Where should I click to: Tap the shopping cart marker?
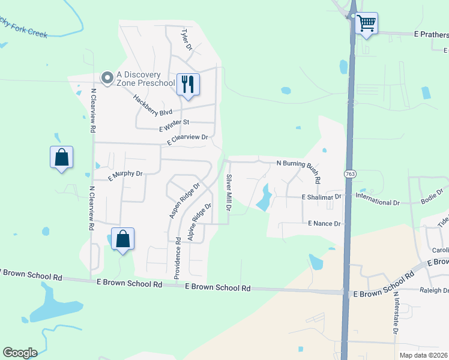[x=366, y=24]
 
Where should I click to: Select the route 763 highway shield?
[x=349, y=173]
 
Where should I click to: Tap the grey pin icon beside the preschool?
[x=107, y=77]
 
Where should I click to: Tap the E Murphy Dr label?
[x=125, y=175]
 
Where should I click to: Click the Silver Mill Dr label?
[x=229, y=193]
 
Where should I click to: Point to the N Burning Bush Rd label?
[x=298, y=164]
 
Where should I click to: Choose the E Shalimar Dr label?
[x=321, y=196]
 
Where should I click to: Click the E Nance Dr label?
[x=324, y=223]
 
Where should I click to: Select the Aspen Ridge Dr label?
[x=184, y=201]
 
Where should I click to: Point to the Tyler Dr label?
[x=185, y=38]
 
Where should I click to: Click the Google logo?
[x=20, y=353]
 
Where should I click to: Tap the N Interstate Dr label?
[x=396, y=313]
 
